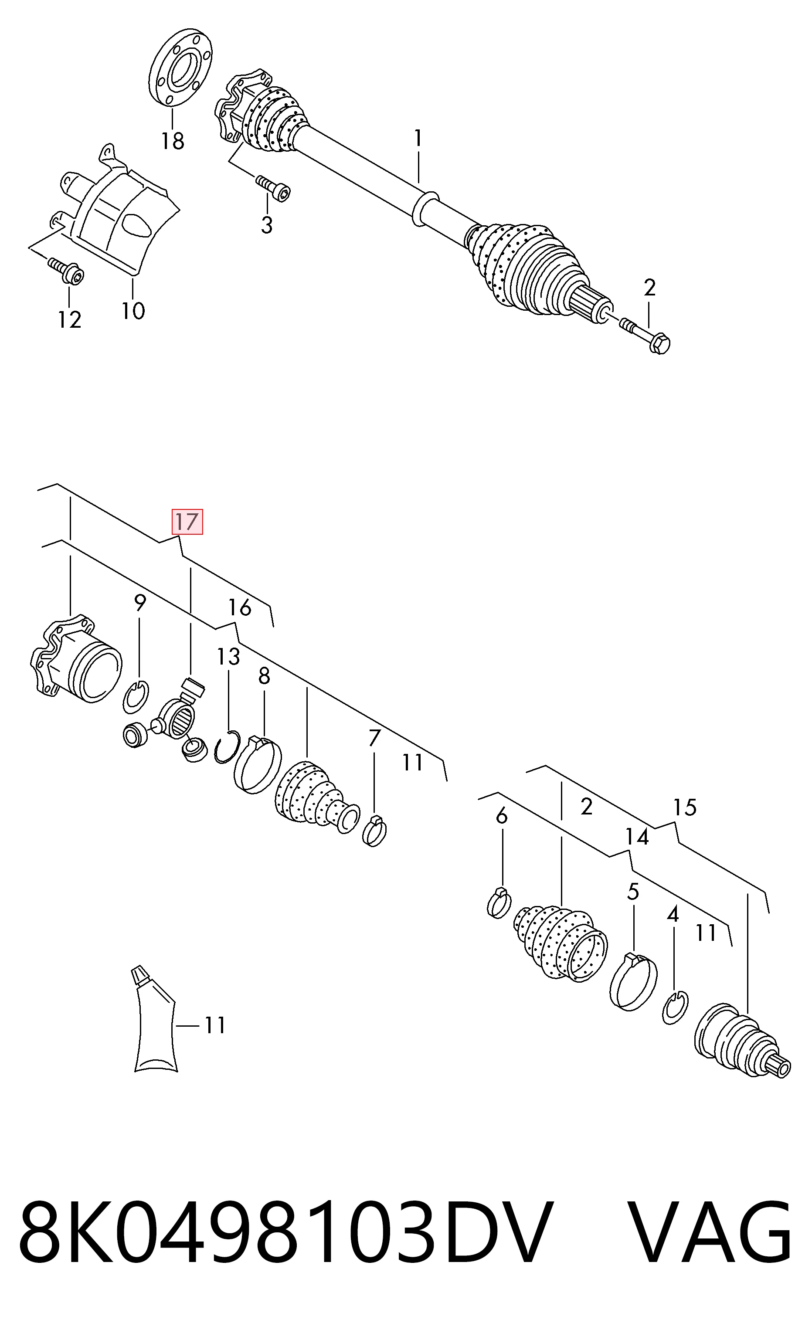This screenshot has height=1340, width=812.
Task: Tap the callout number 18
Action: pyautogui.click(x=173, y=141)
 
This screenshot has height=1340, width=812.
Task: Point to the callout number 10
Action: pyautogui.click(x=133, y=311)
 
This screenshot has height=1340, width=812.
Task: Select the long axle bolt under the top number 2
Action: pyautogui.click(x=645, y=333)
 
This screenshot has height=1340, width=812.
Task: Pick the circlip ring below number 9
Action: pyautogui.click(x=135, y=697)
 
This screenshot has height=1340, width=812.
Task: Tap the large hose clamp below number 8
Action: pyautogui.click(x=257, y=763)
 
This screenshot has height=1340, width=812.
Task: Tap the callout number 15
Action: pyautogui.click(x=685, y=808)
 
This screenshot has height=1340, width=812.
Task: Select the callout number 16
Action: pyautogui.click(x=240, y=607)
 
